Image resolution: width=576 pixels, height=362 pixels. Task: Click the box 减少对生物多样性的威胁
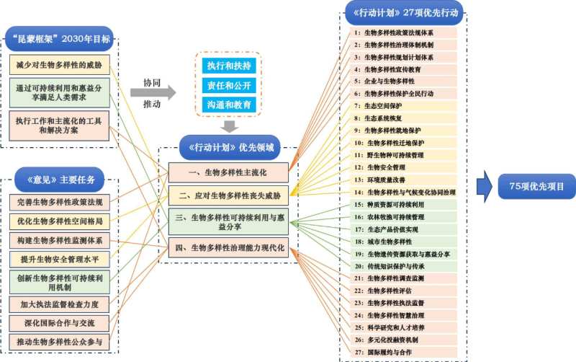(x=60, y=64)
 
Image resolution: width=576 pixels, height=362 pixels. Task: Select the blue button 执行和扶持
(x=229, y=66)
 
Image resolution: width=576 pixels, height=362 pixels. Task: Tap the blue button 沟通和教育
(x=229, y=105)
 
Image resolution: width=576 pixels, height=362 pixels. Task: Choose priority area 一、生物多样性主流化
(x=228, y=172)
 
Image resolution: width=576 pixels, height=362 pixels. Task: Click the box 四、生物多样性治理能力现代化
(x=228, y=248)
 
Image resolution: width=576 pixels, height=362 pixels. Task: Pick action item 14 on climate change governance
(x=404, y=193)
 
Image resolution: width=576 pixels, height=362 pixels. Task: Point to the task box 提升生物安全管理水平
(x=60, y=258)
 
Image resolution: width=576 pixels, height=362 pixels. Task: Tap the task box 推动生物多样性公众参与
(x=60, y=342)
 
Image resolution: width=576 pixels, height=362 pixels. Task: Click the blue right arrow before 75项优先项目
(x=485, y=186)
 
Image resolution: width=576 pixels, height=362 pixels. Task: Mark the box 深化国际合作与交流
(x=60, y=322)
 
